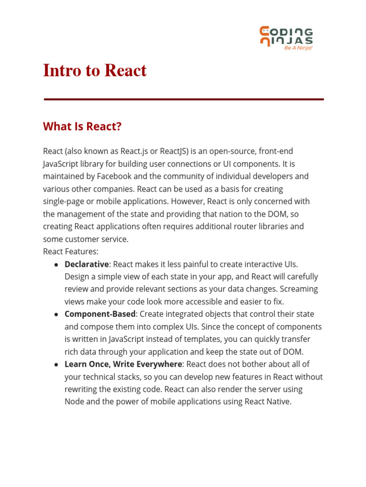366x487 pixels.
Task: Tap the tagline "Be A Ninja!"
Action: point(298,48)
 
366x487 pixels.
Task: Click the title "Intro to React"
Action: point(95,70)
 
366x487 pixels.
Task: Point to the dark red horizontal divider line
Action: point(183,99)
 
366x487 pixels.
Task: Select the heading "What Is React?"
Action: point(82,127)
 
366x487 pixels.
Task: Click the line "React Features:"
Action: point(71,252)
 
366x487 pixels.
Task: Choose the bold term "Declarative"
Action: point(87,264)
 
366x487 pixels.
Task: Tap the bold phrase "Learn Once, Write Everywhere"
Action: point(123,364)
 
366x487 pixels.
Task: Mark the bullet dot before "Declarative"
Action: point(56,264)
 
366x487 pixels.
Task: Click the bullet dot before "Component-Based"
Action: point(56,314)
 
